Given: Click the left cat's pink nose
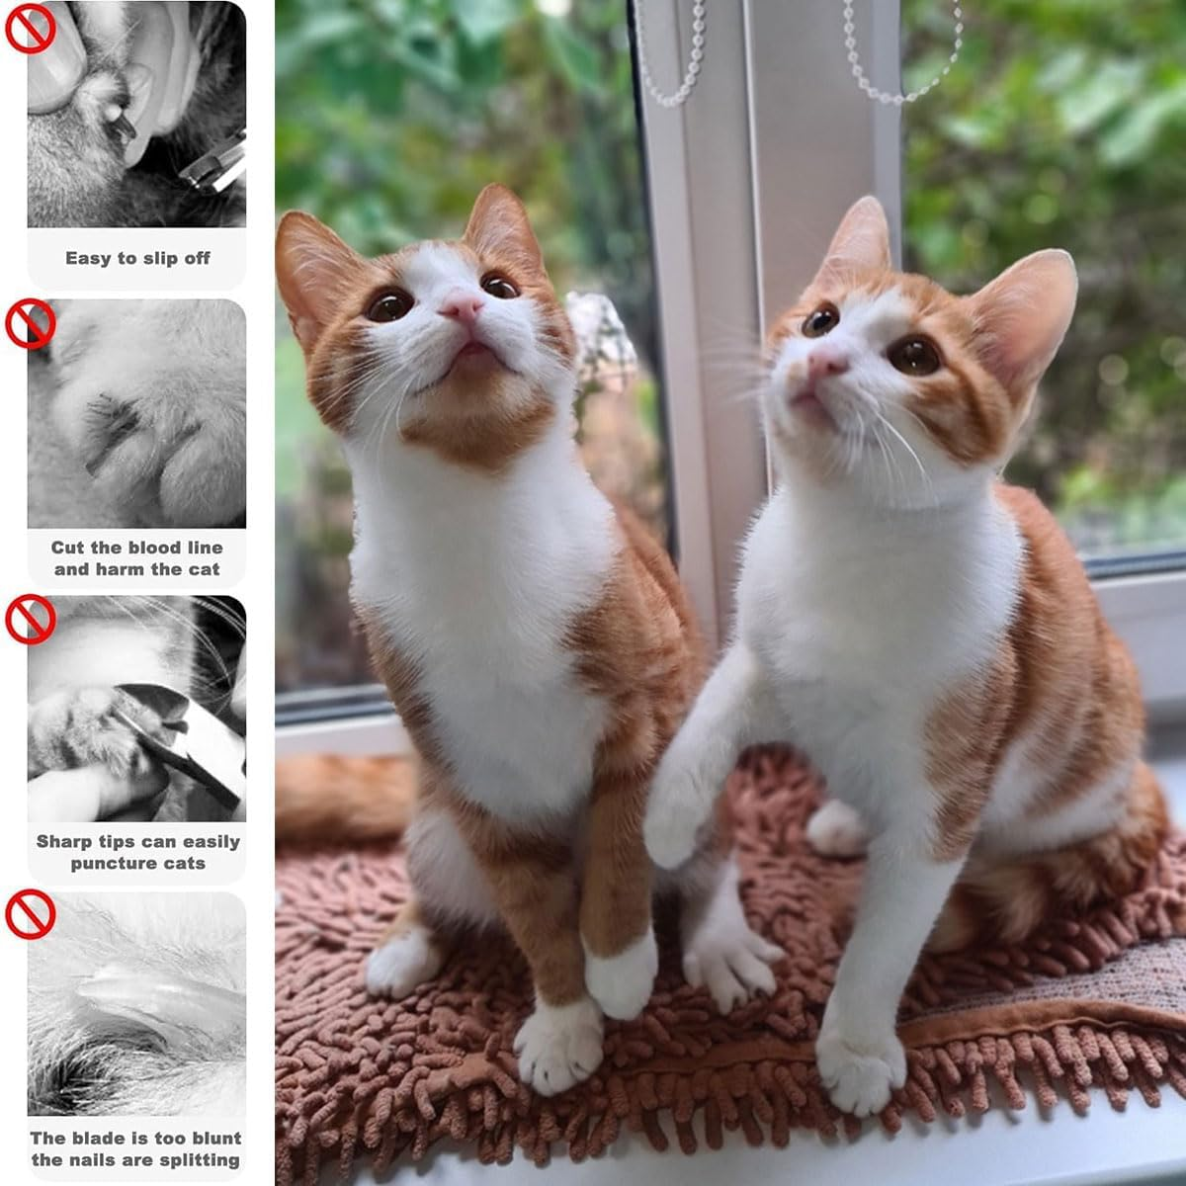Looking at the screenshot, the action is (462, 305).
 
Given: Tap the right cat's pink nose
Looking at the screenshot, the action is (828, 363).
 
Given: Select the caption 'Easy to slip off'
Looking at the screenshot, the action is (137, 258).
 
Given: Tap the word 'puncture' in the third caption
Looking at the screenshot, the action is (110, 864).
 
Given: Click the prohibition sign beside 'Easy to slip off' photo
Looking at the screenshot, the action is (30, 29).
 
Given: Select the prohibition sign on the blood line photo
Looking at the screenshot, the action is (31, 324).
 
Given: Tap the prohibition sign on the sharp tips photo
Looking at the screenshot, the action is (31, 619).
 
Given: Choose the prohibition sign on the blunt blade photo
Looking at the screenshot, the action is (31, 914).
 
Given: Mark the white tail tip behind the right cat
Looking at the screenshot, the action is (835, 828).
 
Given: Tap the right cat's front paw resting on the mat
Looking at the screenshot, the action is (862, 1071).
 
